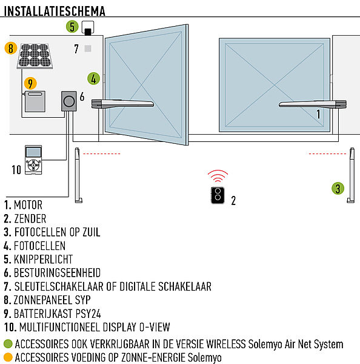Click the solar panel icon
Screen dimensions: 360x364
pyautogui.click(x=35, y=56)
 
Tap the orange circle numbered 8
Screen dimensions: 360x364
pyautogui.click(x=11, y=49)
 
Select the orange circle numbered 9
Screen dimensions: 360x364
pyautogui.click(x=30, y=83)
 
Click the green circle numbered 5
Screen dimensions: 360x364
pyautogui.click(x=72, y=27)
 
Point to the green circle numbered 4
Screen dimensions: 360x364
pyautogui.click(x=93, y=78)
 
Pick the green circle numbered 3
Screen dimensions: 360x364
pyautogui.click(x=338, y=188)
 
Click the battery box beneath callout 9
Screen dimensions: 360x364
pyautogui.click(x=35, y=101)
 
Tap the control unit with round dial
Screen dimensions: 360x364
pyautogui.click(x=69, y=101)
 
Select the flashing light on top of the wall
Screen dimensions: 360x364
pyautogui.click(x=88, y=28)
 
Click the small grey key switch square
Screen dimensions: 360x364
pyautogui.click(x=88, y=49)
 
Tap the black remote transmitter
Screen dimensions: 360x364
pyautogui.click(x=218, y=195)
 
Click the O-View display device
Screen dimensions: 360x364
pyautogui.click(x=33, y=160)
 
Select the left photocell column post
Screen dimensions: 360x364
pyautogui.click(x=78, y=175)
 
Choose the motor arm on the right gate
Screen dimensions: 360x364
pyautogui.click(x=313, y=104)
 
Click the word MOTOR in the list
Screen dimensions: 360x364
pyautogui.click(x=28, y=205)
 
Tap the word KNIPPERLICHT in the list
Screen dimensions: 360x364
pyautogui.click(x=44, y=259)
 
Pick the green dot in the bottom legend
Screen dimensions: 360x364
pyautogui.click(x=8, y=344)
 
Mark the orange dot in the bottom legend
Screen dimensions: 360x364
pyautogui.click(x=8, y=357)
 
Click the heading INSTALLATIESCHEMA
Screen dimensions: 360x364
pyautogui.click(x=55, y=11)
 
